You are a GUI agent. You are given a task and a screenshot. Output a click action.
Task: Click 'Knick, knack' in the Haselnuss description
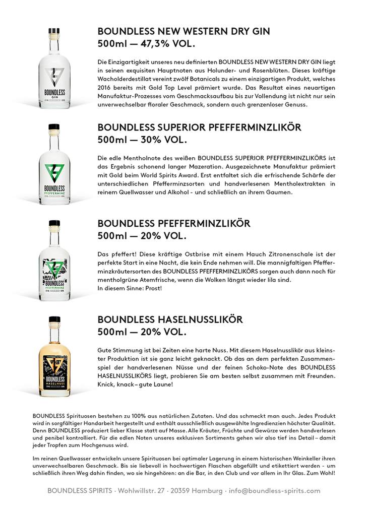tap(113, 384)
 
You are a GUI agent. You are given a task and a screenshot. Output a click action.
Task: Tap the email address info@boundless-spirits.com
tap(274, 490)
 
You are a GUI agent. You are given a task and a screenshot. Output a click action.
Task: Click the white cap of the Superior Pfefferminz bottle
tap(54, 128)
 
